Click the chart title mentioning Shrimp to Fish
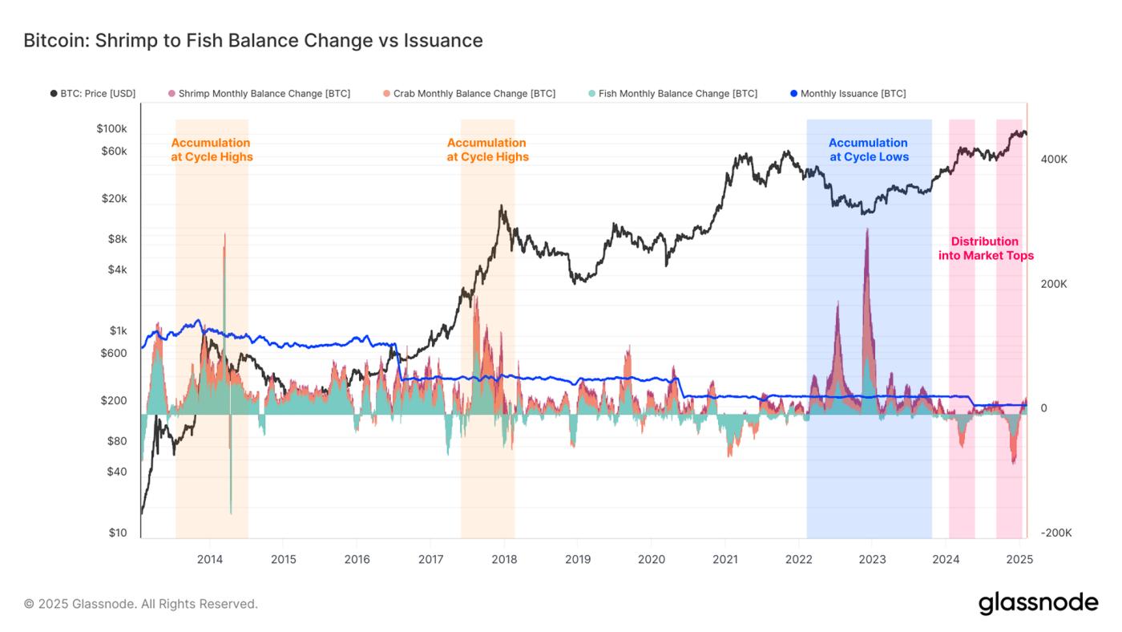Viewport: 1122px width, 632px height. (252, 40)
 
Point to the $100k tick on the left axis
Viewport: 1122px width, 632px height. (111, 128)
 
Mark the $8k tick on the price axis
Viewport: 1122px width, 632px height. (117, 239)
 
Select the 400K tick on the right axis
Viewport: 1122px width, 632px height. (1053, 160)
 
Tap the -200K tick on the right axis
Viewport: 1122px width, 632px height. (1055, 533)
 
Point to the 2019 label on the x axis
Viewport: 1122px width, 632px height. (578, 559)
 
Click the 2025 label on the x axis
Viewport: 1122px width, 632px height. (1019, 559)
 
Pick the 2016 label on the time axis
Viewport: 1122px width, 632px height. (357, 559)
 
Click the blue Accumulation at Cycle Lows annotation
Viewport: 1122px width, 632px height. (869, 150)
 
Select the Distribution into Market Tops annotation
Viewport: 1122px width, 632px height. (986, 249)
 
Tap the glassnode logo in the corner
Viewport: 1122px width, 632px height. (1038, 603)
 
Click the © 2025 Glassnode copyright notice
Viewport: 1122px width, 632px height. (140, 604)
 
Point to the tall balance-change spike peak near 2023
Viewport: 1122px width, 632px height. (866, 229)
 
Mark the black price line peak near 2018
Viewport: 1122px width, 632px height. (502, 206)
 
